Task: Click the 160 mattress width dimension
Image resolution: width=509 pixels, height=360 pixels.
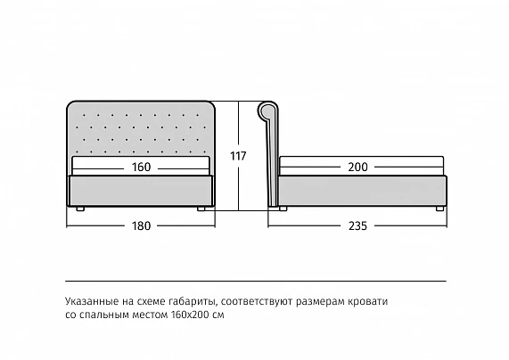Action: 141,168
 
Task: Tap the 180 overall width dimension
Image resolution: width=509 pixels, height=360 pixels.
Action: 141,225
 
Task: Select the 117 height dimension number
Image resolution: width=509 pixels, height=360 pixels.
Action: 238,156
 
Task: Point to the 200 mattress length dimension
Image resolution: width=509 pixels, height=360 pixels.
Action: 357,168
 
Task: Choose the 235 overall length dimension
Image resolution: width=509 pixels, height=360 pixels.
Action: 357,225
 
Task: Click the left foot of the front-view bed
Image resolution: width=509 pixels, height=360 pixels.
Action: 80,209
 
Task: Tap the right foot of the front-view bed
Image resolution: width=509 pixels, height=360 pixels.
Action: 201,209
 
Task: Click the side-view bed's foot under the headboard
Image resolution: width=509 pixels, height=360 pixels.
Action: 283,209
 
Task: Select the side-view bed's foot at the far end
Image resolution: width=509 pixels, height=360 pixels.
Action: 439,209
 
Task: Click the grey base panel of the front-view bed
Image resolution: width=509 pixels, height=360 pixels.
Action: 141,191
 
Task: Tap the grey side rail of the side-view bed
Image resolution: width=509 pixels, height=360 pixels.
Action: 362,191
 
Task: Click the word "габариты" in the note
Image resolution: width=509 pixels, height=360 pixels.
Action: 193,302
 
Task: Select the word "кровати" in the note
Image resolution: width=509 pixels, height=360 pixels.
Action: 368,301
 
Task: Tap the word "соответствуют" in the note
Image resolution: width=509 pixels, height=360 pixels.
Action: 257,301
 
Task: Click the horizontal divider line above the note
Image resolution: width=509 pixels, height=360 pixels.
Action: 256,281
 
